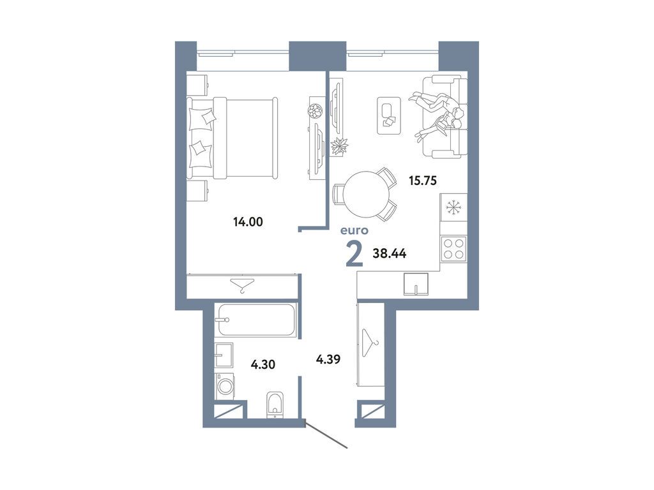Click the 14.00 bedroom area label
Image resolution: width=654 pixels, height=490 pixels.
click(248, 222)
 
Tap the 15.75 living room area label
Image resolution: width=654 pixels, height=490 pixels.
click(422, 181)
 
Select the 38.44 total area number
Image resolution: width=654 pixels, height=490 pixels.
click(390, 253)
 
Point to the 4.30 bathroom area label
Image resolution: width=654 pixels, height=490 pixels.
click(264, 365)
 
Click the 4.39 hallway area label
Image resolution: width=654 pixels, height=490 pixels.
click(328, 359)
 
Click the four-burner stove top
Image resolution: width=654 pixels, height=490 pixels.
click(454, 248)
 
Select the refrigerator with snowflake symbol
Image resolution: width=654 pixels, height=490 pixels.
click(454, 207)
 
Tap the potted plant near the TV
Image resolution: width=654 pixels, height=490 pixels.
click(340, 146)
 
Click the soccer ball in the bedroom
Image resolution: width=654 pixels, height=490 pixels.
click(314, 111)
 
